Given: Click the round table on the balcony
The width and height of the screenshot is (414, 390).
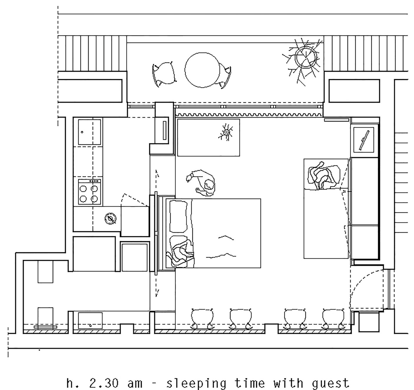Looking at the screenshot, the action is [x=202, y=70].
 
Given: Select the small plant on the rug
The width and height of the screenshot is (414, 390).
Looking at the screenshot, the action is [x=226, y=132].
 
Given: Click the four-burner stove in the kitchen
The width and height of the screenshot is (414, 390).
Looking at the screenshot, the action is [x=90, y=192].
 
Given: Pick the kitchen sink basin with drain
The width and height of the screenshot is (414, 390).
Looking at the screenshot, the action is [x=90, y=132].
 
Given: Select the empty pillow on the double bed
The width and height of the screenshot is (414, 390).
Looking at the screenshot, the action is [x=178, y=216].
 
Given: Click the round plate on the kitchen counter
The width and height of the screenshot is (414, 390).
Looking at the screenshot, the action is [x=110, y=219].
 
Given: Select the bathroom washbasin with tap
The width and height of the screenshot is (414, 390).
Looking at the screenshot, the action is [x=90, y=321].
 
